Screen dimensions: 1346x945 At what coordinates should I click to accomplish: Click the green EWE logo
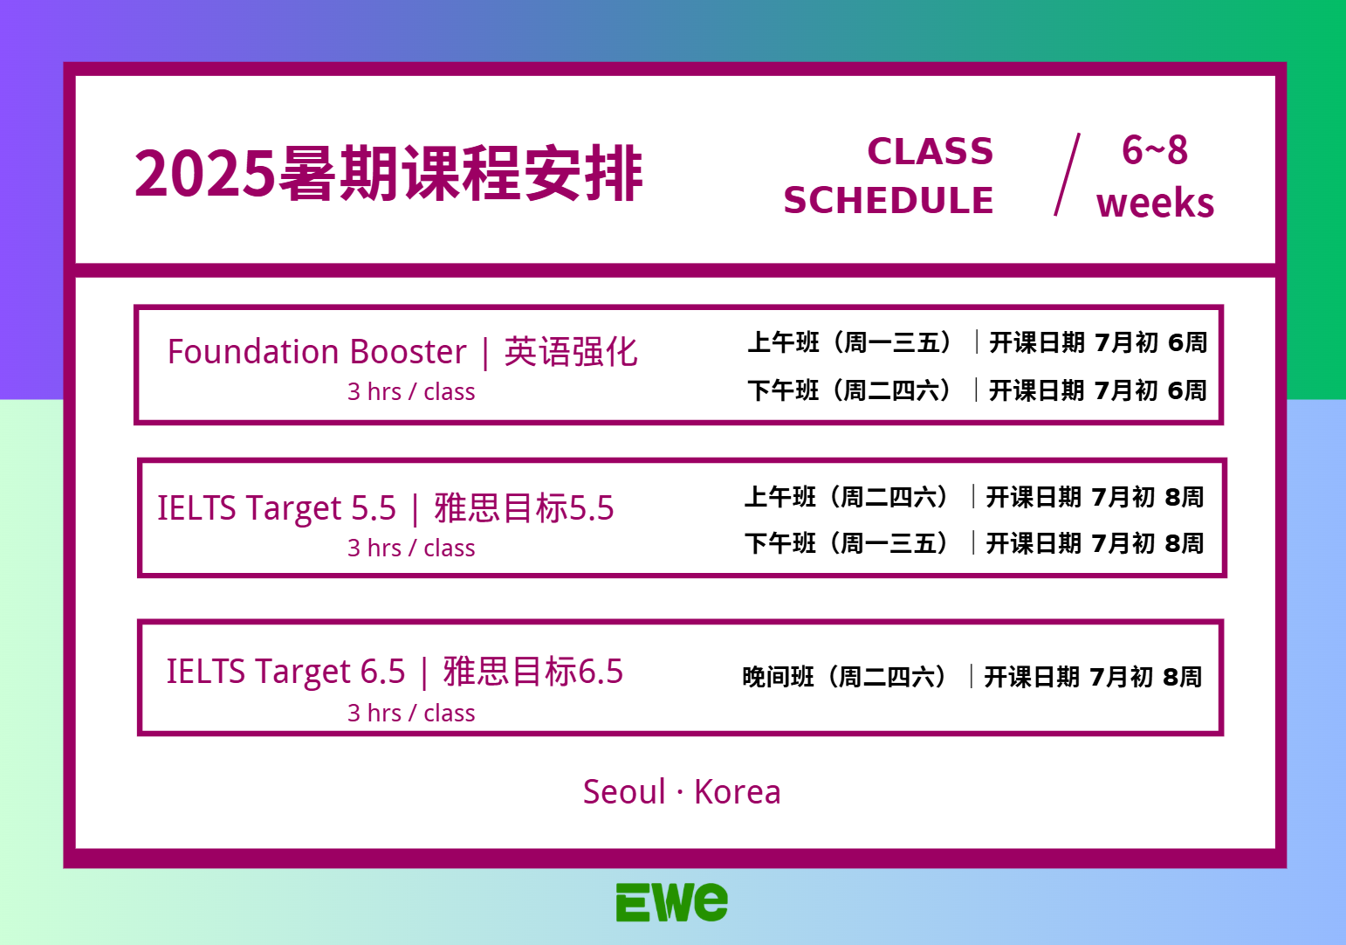[x=672, y=901]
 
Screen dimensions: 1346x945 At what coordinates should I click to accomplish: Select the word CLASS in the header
[x=931, y=151]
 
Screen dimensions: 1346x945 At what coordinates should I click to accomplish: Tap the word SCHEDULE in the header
[x=888, y=200]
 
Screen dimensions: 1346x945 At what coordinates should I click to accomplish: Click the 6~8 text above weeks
[x=1154, y=149]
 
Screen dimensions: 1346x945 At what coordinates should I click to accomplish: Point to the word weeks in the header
[x=1155, y=203]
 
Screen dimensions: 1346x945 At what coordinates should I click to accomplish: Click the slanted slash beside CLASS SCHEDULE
[x=1068, y=175]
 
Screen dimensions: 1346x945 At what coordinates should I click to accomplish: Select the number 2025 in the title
[x=204, y=174]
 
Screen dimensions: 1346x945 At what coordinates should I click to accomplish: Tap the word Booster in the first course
[x=408, y=352]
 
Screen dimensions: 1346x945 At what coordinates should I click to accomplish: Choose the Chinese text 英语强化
[x=571, y=352]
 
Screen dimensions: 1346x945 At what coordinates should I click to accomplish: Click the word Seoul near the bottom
[x=624, y=791]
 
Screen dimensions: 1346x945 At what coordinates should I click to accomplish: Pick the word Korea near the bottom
[x=738, y=791]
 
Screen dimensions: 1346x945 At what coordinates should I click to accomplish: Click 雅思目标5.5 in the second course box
[x=524, y=508]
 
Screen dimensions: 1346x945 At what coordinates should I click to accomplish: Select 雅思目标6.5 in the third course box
[x=533, y=672]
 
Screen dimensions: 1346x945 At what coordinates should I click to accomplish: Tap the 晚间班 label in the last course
[x=778, y=677]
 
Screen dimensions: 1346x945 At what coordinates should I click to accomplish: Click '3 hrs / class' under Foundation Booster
[x=411, y=392]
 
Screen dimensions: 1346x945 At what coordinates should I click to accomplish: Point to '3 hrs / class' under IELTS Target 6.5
[x=411, y=713]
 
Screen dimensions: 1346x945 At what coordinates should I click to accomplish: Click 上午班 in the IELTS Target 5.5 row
[x=780, y=497]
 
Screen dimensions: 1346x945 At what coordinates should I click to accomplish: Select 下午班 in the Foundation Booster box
[x=784, y=390]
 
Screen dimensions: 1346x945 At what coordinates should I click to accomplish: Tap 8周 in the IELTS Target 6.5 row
[x=1182, y=677]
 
